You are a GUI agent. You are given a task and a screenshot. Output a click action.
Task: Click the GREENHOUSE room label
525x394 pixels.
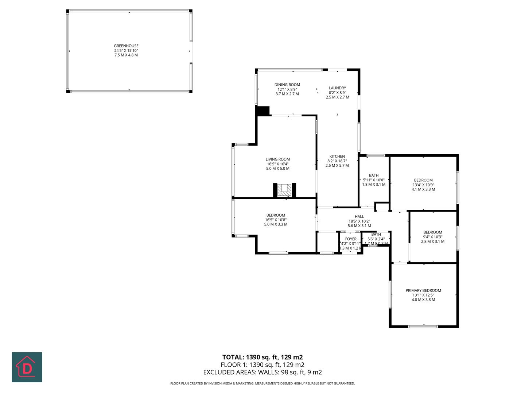coord(126,46)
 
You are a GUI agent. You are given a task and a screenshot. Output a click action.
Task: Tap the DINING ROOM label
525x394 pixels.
coord(287,85)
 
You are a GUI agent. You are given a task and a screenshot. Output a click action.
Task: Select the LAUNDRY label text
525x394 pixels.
coord(337,88)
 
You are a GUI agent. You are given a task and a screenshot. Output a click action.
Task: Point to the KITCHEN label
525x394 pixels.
coord(337,157)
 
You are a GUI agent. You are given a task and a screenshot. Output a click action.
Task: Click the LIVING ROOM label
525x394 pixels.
coord(278,159)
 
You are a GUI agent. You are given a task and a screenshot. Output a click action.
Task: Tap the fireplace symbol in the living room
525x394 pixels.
coord(284,190)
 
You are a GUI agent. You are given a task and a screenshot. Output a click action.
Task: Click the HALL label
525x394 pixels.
coord(359,217)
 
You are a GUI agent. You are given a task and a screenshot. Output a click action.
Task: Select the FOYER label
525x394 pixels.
coord(351,239)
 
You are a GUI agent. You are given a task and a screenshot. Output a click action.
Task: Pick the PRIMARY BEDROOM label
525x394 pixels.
coord(423,291)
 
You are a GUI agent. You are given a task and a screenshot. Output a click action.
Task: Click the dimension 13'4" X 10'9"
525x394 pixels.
coord(423,185)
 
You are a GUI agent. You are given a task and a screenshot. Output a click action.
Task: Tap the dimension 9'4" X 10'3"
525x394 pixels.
coord(433,237)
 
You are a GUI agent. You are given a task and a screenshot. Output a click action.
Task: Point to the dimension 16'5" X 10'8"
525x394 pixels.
coord(276,220)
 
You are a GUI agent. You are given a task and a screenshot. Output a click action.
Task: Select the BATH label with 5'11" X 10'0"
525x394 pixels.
coord(374,175)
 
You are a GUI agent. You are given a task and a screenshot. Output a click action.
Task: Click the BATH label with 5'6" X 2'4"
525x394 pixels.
coord(376,235)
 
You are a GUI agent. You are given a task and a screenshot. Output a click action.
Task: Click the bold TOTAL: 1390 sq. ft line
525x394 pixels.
coord(262,357)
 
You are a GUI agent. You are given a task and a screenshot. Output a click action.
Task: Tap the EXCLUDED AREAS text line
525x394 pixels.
coord(262,372)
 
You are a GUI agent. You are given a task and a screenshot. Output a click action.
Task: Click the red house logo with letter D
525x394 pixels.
coord(27,367)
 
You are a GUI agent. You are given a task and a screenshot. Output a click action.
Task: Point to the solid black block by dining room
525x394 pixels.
coord(263,111)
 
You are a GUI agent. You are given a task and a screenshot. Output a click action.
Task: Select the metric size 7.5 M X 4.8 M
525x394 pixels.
coord(126,55)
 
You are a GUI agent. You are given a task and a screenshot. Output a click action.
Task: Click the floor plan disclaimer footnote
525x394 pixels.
coord(262,383)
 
